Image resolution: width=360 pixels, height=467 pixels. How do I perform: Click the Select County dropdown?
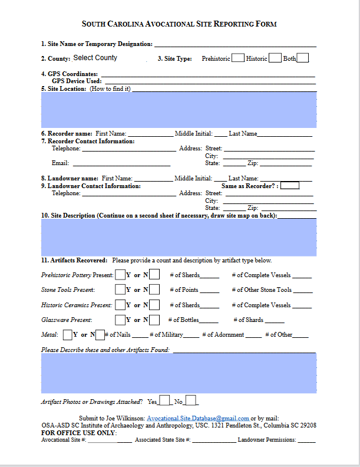point(95,58)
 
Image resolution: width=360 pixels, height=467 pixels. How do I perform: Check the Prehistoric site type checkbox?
point(238,58)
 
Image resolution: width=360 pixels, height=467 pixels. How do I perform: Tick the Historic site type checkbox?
point(275,58)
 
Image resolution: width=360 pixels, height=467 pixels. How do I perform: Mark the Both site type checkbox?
point(303,58)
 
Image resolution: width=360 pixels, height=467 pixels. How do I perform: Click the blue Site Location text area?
point(179,110)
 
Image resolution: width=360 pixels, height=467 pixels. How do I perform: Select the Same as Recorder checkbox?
point(290,185)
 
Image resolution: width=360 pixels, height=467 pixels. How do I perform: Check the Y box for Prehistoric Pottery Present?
point(120,274)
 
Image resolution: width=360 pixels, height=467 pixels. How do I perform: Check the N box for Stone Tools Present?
point(154,290)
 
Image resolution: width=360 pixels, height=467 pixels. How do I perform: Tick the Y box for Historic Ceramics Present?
point(120,305)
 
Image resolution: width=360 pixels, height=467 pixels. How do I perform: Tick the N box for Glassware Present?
point(154,320)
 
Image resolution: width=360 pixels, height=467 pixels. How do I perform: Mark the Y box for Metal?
point(67,334)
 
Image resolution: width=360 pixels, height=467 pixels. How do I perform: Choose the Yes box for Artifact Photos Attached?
point(164,401)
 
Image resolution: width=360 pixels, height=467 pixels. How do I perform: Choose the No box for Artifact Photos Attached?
point(191,401)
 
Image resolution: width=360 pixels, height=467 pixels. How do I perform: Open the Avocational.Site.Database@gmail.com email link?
point(197,417)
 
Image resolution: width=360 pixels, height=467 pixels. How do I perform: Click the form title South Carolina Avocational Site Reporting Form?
point(179,24)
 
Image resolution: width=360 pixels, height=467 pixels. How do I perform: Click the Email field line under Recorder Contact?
point(121,163)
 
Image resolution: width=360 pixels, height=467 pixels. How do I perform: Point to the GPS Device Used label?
point(77,81)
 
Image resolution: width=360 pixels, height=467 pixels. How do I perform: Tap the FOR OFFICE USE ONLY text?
point(78,433)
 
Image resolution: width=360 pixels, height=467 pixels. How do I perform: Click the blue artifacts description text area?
point(179,373)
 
